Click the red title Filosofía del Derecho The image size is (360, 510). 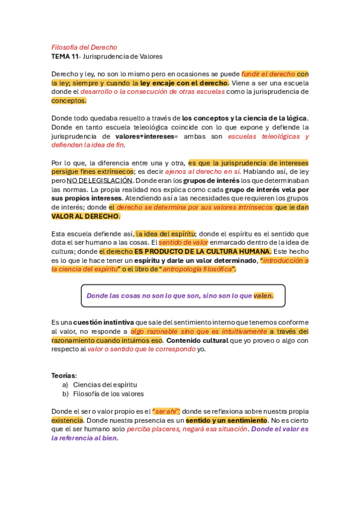pos(84,47)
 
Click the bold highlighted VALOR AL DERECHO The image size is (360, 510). pos(85,216)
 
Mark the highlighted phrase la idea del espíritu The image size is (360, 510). pos(166,234)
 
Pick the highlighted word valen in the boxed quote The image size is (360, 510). pos(263,295)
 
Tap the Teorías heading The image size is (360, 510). pos(64,375)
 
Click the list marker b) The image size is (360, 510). pos(66,394)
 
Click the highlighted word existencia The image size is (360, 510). pos(67,420)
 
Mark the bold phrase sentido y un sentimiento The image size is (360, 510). pos(227,420)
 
